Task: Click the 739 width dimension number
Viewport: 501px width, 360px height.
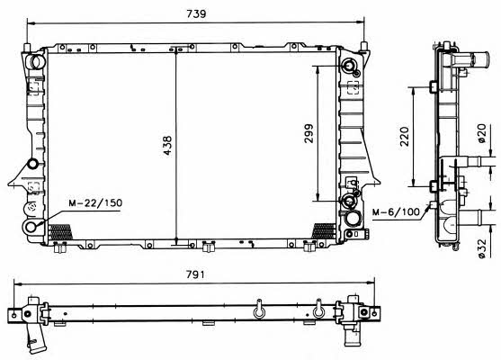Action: click(197, 13)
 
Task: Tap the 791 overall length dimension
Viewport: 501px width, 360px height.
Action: click(195, 274)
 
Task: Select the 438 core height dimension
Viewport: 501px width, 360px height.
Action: click(167, 146)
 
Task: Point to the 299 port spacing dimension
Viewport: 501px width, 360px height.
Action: click(309, 133)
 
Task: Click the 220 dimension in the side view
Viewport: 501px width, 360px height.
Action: click(404, 136)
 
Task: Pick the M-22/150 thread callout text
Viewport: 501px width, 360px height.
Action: click(95, 202)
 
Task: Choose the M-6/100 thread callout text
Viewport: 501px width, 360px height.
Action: click(396, 211)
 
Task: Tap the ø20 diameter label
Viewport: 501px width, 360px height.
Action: click(481, 133)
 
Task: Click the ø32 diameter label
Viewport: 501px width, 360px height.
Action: click(481, 248)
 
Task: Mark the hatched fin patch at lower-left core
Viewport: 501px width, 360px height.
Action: click(59, 231)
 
